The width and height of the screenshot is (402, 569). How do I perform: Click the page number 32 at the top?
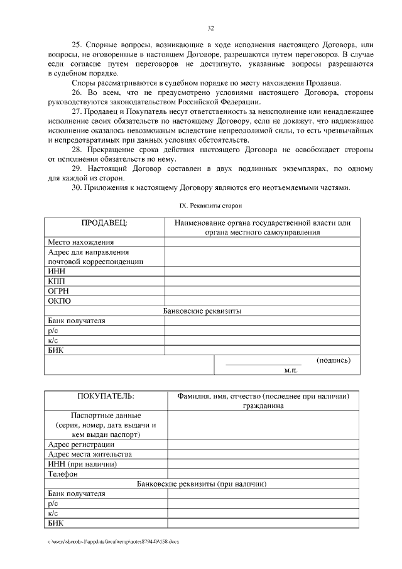coord(210,28)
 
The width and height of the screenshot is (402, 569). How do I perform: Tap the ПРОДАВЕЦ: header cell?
coord(104,223)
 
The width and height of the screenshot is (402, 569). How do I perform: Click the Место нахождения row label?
coord(81,242)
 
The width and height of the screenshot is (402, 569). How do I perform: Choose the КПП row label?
coord(57,281)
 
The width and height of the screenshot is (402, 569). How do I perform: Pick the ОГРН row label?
coord(58,290)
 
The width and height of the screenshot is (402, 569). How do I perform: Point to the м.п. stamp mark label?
coord(290,370)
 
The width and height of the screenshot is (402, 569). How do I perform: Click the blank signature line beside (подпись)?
coord(263,363)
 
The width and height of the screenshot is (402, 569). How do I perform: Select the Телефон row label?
coord(63,474)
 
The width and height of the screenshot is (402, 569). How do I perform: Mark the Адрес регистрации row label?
coord(81,445)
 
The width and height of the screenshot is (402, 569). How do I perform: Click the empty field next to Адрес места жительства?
coord(262,454)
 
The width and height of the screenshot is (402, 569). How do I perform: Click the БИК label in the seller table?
coord(56,350)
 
